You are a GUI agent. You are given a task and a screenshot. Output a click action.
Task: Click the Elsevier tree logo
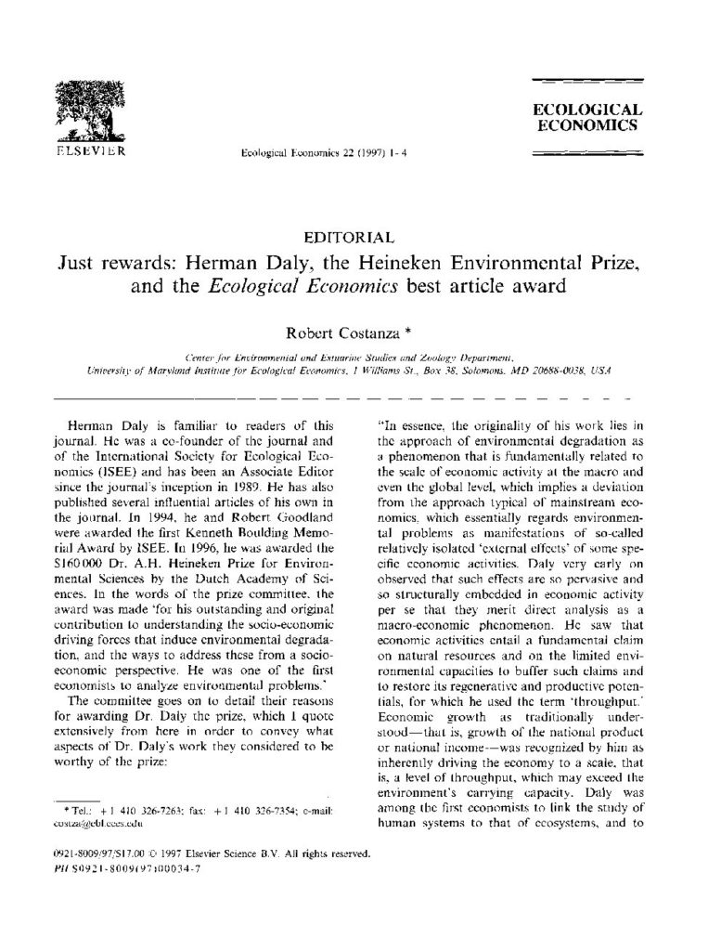point(91,110)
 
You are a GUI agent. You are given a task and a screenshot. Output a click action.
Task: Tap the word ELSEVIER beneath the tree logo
point(91,149)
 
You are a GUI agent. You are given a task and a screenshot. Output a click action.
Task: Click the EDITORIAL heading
point(353,238)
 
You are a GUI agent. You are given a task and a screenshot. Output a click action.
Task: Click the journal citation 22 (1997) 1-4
point(311,152)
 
